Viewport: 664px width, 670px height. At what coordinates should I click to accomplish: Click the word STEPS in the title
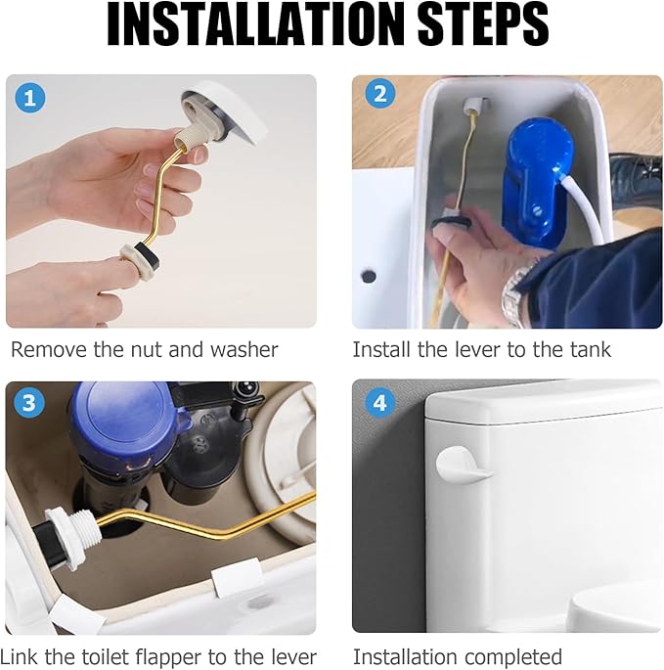(483, 24)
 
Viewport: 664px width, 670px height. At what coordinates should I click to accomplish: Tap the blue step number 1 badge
(30, 98)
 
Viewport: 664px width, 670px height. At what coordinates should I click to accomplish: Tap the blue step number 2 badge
(379, 94)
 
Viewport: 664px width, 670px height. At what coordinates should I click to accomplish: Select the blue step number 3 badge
(29, 403)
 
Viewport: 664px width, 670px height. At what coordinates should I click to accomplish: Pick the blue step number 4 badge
(379, 403)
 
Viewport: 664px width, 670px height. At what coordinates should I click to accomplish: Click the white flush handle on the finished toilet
(463, 465)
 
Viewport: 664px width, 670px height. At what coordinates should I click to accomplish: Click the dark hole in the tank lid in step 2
(369, 276)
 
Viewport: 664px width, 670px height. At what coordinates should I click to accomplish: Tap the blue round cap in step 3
(123, 421)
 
